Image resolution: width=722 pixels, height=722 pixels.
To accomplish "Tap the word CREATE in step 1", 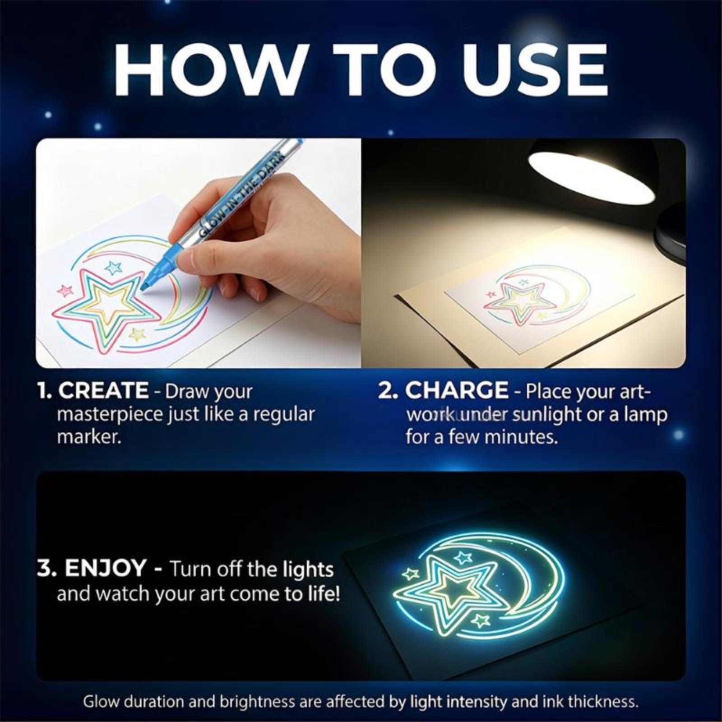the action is tap(103, 390).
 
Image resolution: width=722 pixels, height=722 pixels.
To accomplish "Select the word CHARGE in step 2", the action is tap(457, 390).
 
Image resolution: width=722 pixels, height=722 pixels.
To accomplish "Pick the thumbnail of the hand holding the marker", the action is tap(199, 253).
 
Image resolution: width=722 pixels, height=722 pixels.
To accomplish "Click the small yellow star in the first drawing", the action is tap(137, 334).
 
